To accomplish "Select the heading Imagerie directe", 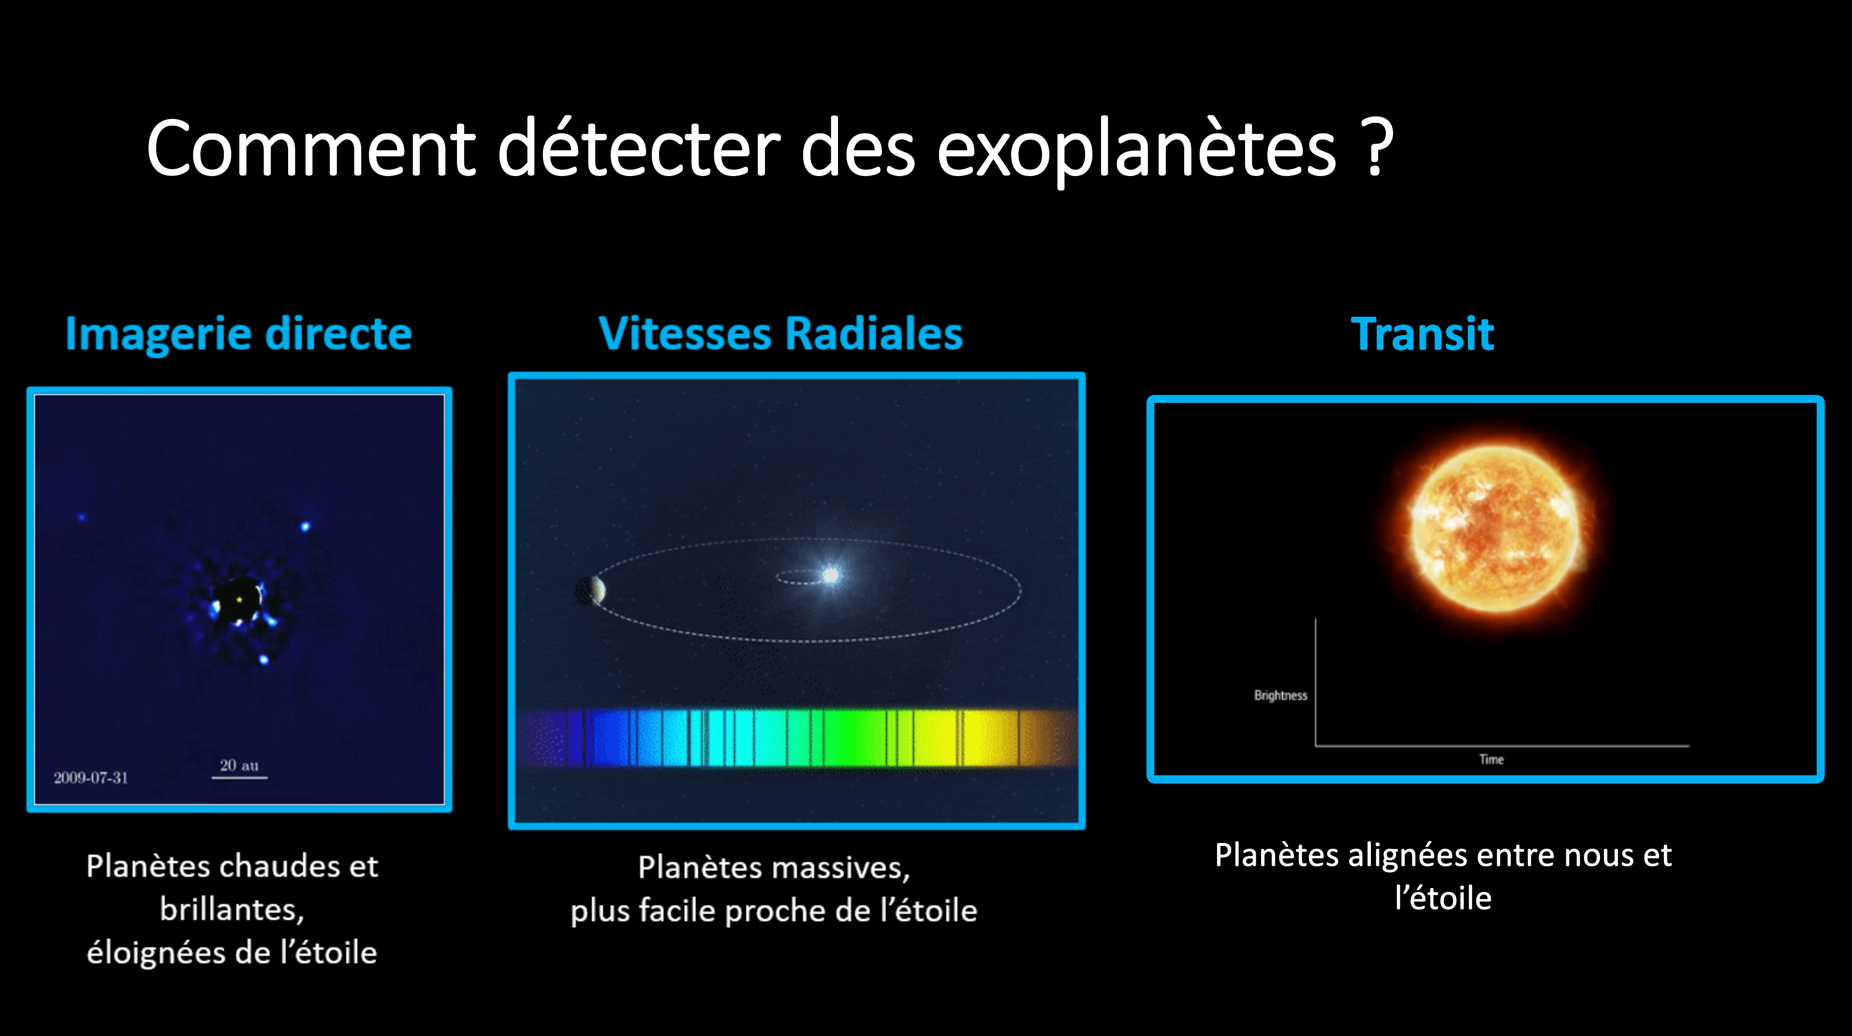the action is pyautogui.click(x=239, y=334).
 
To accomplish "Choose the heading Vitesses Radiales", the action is pyautogui.click(x=780, y=334).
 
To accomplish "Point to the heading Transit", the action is pyautogui.click(x=1422, y=334).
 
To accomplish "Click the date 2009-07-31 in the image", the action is pyautogui.click(x=90, y=777).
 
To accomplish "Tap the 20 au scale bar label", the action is pyautogui.click(x=239, y=765).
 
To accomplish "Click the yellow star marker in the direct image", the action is pyautogui.click(x=239, y=599).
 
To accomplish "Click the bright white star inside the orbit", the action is pyautogui.click(x=830, y=575).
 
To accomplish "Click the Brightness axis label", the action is pyautogui.click(x=1280, y=695).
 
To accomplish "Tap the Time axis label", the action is pyautogui.click(x=1491, y=759).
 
